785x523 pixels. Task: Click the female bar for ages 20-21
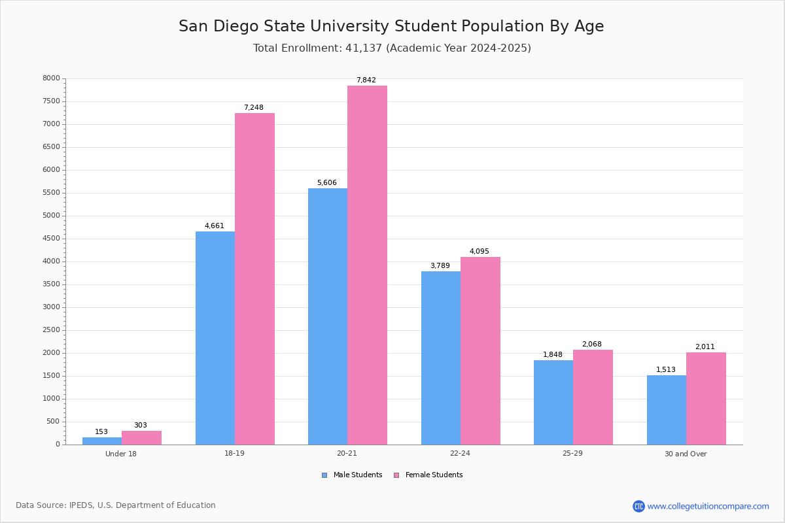(x=367, y=265)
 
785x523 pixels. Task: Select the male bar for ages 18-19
(x=215, y=338)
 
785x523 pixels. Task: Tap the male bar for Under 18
(x=102, y=441)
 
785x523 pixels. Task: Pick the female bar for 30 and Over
(x=706, y=398)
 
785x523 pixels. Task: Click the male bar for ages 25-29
(x=553, y=402)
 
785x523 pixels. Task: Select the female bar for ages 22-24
(x=480, y=350)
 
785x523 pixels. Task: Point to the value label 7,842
(x=366, y=80)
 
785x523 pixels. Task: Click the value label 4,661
(x=214, y=226)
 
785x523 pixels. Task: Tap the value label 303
(x=141, y=426)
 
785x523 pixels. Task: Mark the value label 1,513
(x=665, y=370)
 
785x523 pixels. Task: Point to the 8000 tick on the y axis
(x=51, y=78)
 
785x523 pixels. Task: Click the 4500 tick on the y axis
(x=51, y=239)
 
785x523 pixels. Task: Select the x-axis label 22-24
(x=460, y=454)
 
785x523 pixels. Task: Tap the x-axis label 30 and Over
(x=686, y=454)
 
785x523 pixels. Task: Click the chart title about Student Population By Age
(x=391, y=26)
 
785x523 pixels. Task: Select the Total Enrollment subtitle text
(x=392, y=48)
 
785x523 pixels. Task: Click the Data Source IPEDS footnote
(x=116, y=505)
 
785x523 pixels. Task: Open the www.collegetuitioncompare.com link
(x=708, y=506)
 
